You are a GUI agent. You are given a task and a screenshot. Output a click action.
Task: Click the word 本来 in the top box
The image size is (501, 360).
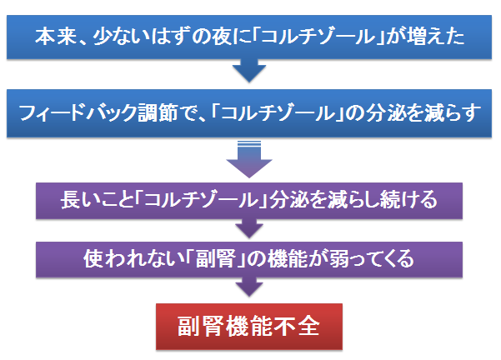click(56, 36)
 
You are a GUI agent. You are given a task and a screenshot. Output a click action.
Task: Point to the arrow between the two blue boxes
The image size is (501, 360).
click(249, 70)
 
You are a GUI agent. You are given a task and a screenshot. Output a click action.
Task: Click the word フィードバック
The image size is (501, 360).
click(78, 113)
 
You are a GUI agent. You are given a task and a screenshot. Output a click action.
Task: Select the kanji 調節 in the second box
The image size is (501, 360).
click(158, 113)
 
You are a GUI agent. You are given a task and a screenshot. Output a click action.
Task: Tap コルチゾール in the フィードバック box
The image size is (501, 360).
click(278, 113)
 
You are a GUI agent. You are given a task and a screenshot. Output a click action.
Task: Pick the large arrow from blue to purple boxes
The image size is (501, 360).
click(249, 159)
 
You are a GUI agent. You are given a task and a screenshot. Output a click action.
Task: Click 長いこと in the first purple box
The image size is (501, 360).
click(98, 200)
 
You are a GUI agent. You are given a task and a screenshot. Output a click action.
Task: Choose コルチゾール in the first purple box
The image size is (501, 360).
click(201, 200)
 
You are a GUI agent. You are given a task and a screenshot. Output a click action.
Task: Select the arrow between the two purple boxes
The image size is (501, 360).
click(249, 228)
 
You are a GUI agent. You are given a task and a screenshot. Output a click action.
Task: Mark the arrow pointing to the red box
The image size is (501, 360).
click(249, 287)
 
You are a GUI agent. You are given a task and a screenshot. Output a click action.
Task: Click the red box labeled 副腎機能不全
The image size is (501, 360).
click(249, 327)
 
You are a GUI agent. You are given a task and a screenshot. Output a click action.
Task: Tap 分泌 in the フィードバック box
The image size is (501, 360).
click(384, 113)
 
